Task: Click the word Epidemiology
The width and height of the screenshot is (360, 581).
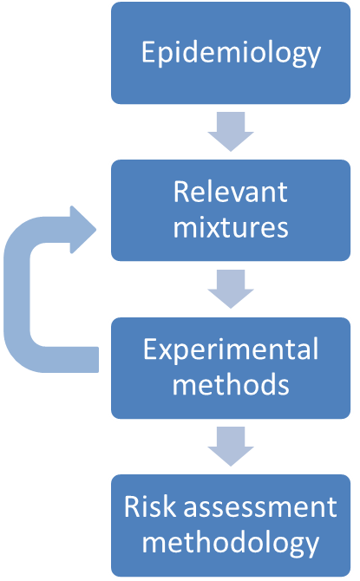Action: point(231,53)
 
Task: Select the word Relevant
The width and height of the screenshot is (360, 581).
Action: point(230,192)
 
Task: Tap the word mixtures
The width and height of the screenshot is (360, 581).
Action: point(231,227)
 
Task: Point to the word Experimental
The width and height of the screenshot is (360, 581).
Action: point(231,349)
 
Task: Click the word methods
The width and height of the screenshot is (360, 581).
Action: point(231,384)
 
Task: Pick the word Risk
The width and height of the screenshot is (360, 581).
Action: point(150,506)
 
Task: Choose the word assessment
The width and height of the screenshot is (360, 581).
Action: point(260,507)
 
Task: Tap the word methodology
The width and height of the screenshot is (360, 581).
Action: point(231,543)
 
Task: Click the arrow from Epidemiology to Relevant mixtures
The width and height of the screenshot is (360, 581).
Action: point(231,132)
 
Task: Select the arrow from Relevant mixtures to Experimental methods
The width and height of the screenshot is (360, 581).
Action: point(231,289)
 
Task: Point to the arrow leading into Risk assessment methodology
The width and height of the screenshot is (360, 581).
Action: point(231,447)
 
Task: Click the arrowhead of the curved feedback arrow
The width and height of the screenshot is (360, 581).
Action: point(83,230)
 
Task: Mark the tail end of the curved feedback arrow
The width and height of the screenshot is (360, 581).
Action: point(98,359)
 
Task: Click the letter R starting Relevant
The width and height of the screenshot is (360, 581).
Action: point(180,192)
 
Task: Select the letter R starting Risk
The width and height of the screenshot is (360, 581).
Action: point(131,506)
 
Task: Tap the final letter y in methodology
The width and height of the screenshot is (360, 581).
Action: point(312,548)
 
